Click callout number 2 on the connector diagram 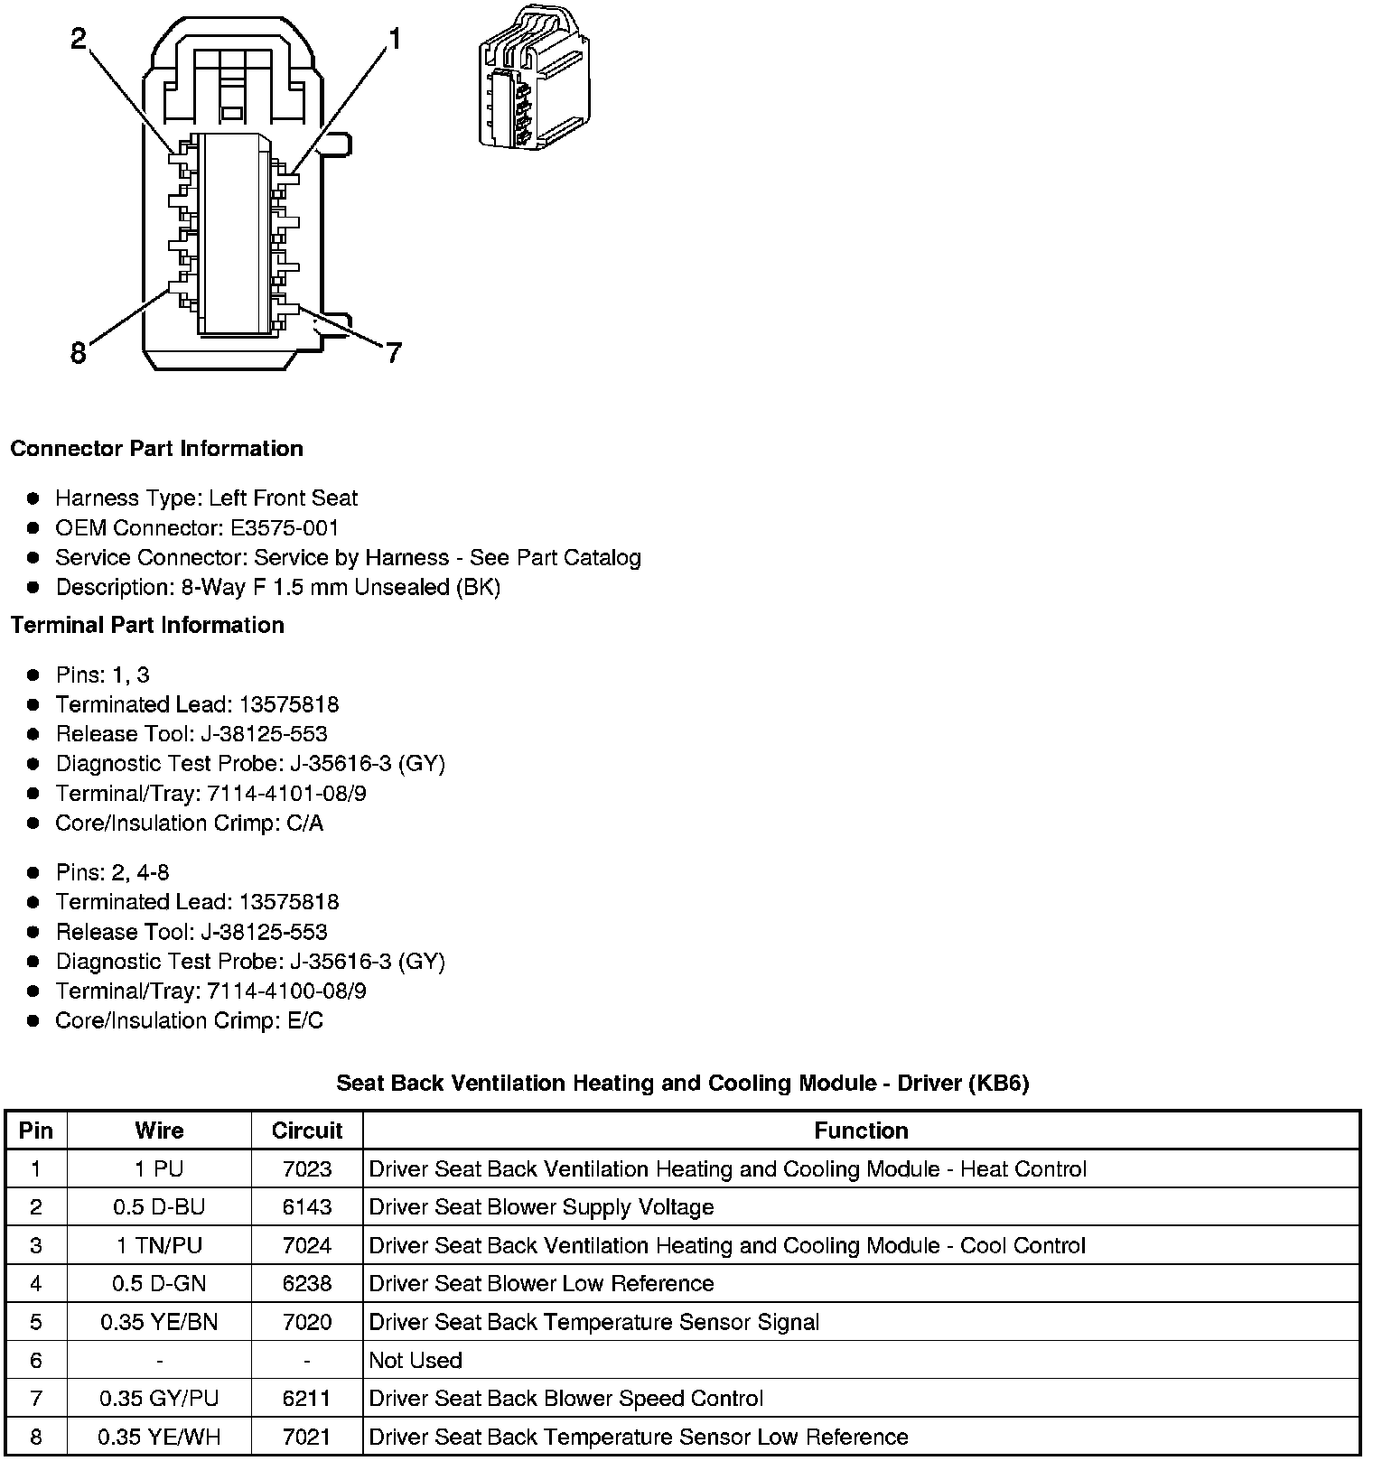79,38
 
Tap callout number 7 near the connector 393,353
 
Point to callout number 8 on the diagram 79,353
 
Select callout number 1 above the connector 394,38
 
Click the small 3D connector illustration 533,78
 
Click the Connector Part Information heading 156,449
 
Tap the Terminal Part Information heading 147,625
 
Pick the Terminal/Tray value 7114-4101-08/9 286,794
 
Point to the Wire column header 159,1131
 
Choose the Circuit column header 307,1131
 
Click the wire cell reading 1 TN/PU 159,1246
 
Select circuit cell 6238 307,1284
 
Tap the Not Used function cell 416,1361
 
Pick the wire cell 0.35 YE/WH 159,1438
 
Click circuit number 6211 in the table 307,1399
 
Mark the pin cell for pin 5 36,1323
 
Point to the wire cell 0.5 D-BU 159,1207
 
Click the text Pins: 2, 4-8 112,873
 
